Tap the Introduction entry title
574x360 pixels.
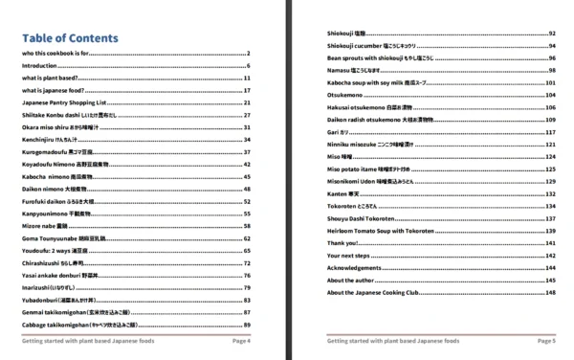pyautogui.click(x=39, y=65)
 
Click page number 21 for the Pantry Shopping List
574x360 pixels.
pyautogui.click(x=247, y=102)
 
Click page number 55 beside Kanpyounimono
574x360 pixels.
pyautogui.click(x=247, y=214)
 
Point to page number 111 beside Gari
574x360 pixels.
pyautogui.click(x=550, y=132)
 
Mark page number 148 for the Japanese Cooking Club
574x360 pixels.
pyautogui.click(x=550, y=292)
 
